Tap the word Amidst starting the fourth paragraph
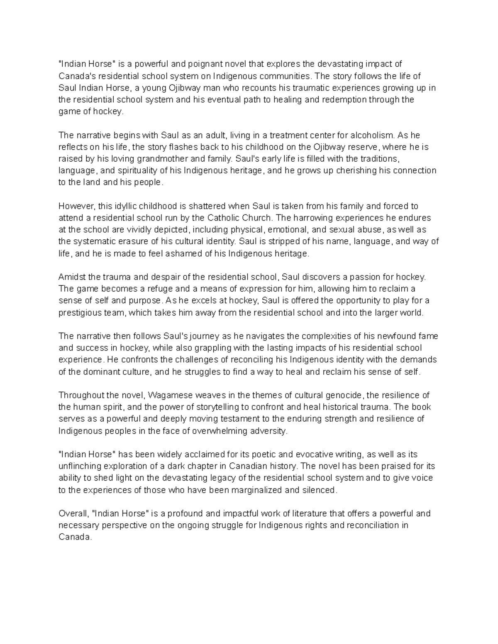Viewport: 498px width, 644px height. pos(71,277)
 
